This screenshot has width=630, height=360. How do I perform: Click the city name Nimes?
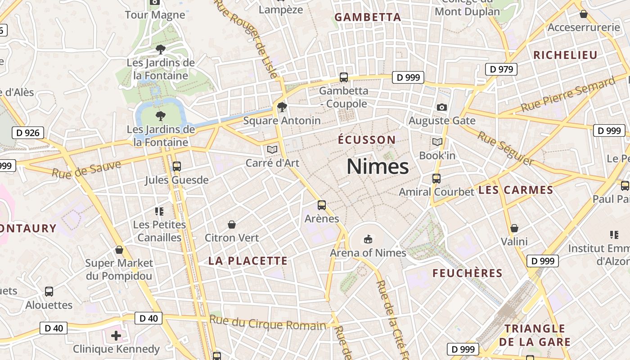coord(378,166)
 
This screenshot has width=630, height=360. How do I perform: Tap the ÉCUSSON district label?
coord(367,139)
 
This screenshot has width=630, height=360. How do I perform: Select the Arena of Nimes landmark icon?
coord(368,238)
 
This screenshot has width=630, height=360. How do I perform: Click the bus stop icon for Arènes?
coord(322,205)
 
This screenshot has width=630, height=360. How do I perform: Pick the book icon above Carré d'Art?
coord(272,149)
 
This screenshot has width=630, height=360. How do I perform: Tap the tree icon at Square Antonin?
coord(282,107)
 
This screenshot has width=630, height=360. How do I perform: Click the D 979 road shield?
coord(501,69)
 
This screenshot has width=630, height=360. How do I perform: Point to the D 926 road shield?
coord(28,133)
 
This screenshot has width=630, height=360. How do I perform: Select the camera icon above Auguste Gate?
coord(442,107)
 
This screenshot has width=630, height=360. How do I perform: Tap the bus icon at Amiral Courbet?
coord(436,178)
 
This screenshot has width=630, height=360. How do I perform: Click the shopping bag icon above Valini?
coord(514,228)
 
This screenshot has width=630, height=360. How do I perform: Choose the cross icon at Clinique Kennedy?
coord(116,335)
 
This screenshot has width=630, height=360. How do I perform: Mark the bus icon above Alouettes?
coord(49,292)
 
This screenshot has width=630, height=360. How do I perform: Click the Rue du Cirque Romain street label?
coord(268,323)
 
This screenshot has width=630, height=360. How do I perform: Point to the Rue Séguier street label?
coord(506,148)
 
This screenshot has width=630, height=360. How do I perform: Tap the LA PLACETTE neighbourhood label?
coord(248,261)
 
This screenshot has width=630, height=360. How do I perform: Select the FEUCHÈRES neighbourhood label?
coord(468,273)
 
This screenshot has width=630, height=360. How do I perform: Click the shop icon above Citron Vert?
coord(232,224)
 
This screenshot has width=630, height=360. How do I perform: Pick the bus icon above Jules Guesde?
coord(177,166)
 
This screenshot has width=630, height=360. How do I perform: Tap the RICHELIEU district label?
coord(565,55)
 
